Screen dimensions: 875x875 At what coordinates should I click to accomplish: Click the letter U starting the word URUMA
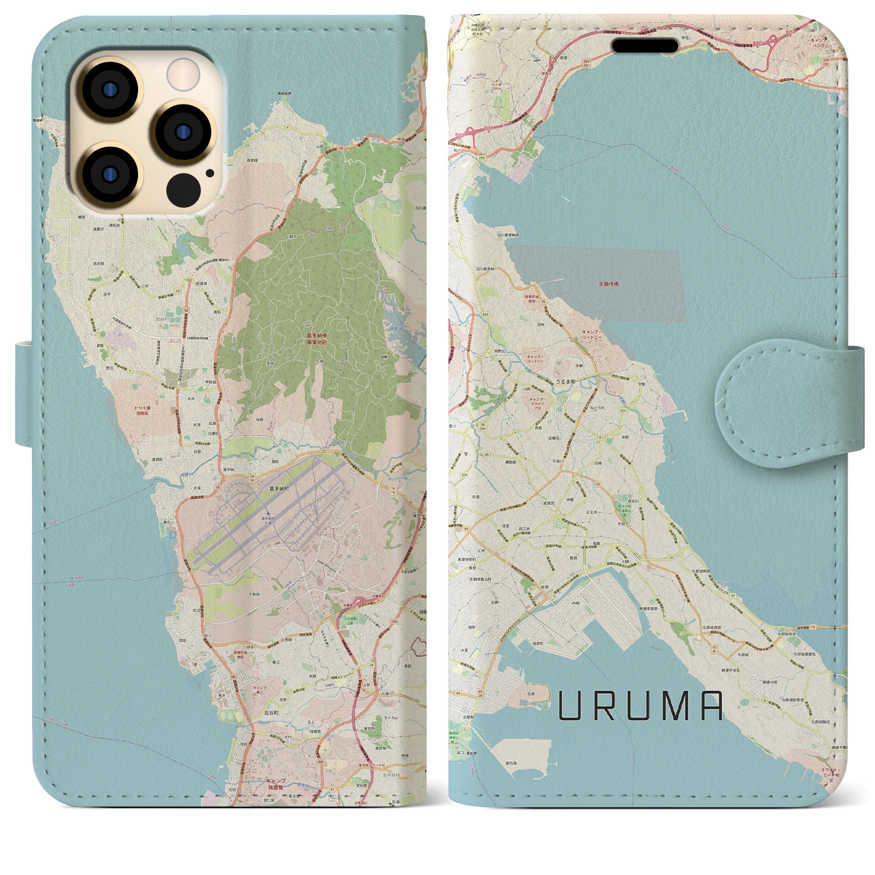[x=572, y=706]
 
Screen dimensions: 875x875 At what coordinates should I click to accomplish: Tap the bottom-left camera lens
[x=109, y=175]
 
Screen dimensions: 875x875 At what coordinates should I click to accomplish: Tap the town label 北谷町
[x=273, y=712]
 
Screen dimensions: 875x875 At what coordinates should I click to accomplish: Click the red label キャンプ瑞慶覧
[x=275, y=783]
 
